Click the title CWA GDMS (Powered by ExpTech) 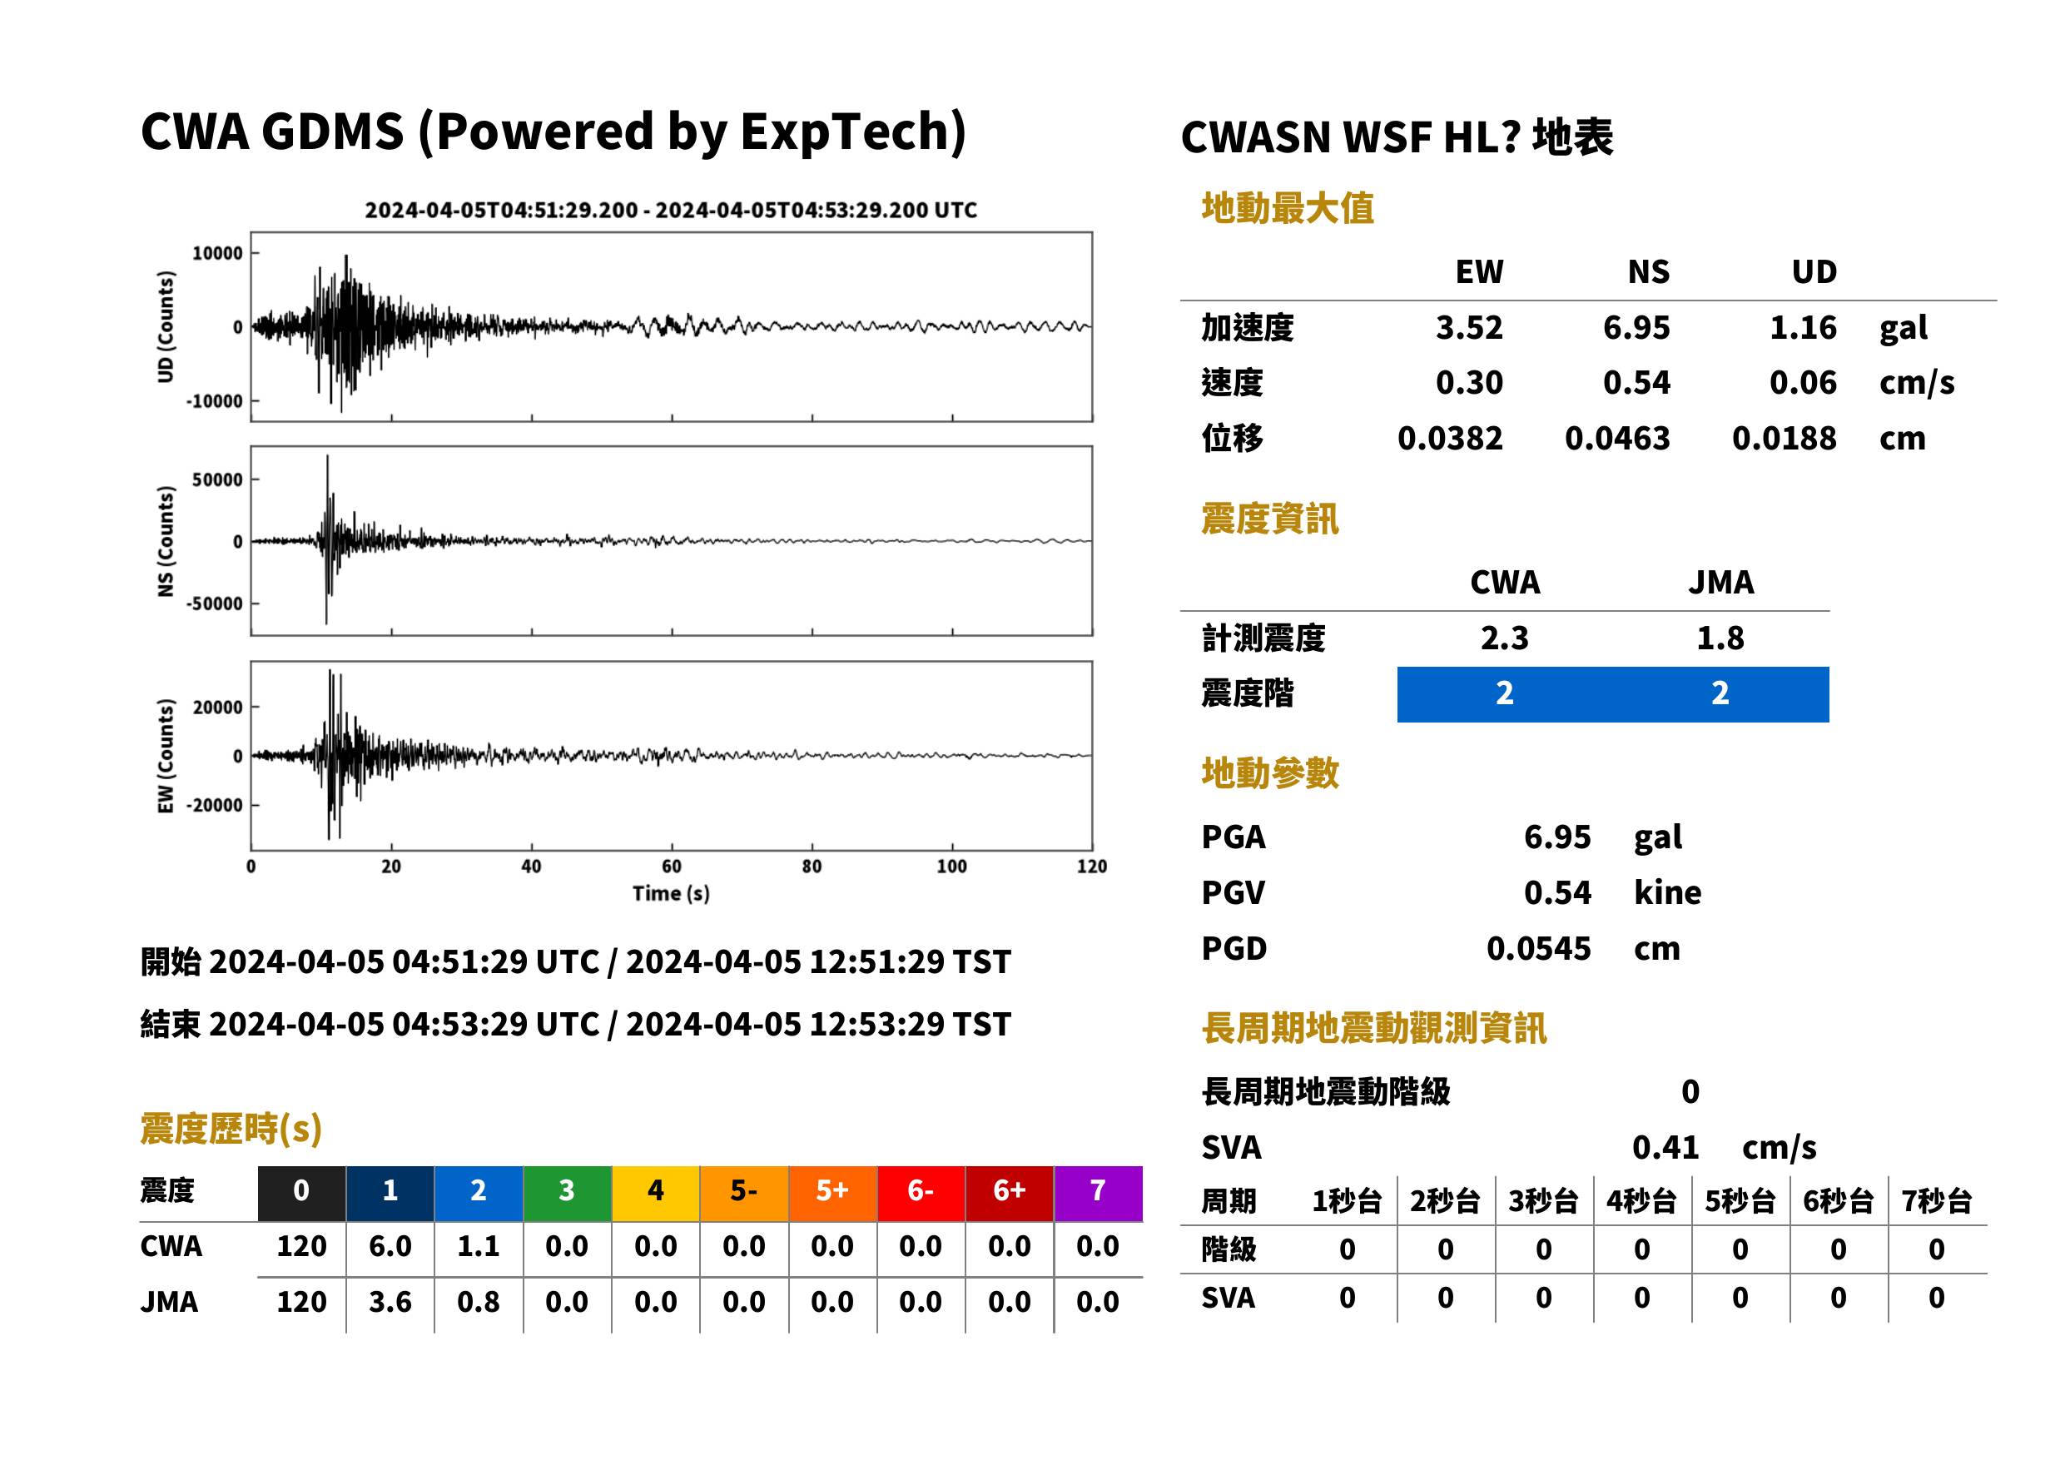coord(553,132)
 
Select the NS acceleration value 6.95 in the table coord(1636,328)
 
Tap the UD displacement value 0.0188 coord(1784,439)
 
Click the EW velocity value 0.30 coord(1468,383)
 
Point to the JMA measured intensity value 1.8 coord(1720,638)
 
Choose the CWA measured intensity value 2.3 coord(1505,638)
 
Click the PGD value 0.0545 coord(1538,949)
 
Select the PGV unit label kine coord(1667,893)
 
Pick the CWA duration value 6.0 coord(390,1247)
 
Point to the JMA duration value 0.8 coord(479,1303)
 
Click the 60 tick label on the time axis coord(671,867)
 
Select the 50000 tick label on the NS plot coord(217,479)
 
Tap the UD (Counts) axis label coord(166,327)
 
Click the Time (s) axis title coord(671,894)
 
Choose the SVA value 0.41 coord(1665,1148)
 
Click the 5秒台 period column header coord(1740,1202)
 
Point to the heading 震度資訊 coord(1269,519)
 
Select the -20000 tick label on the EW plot coord(214,806)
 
